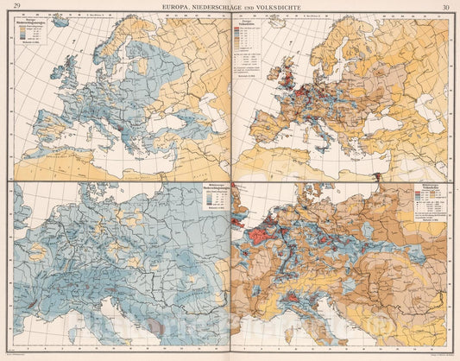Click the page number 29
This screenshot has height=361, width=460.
pyautogui.click(x=16, y=8)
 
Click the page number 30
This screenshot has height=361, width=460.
pyautogui.click(x=445, y=8)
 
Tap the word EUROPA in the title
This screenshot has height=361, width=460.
pyautogui.click(x=168, y=8)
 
